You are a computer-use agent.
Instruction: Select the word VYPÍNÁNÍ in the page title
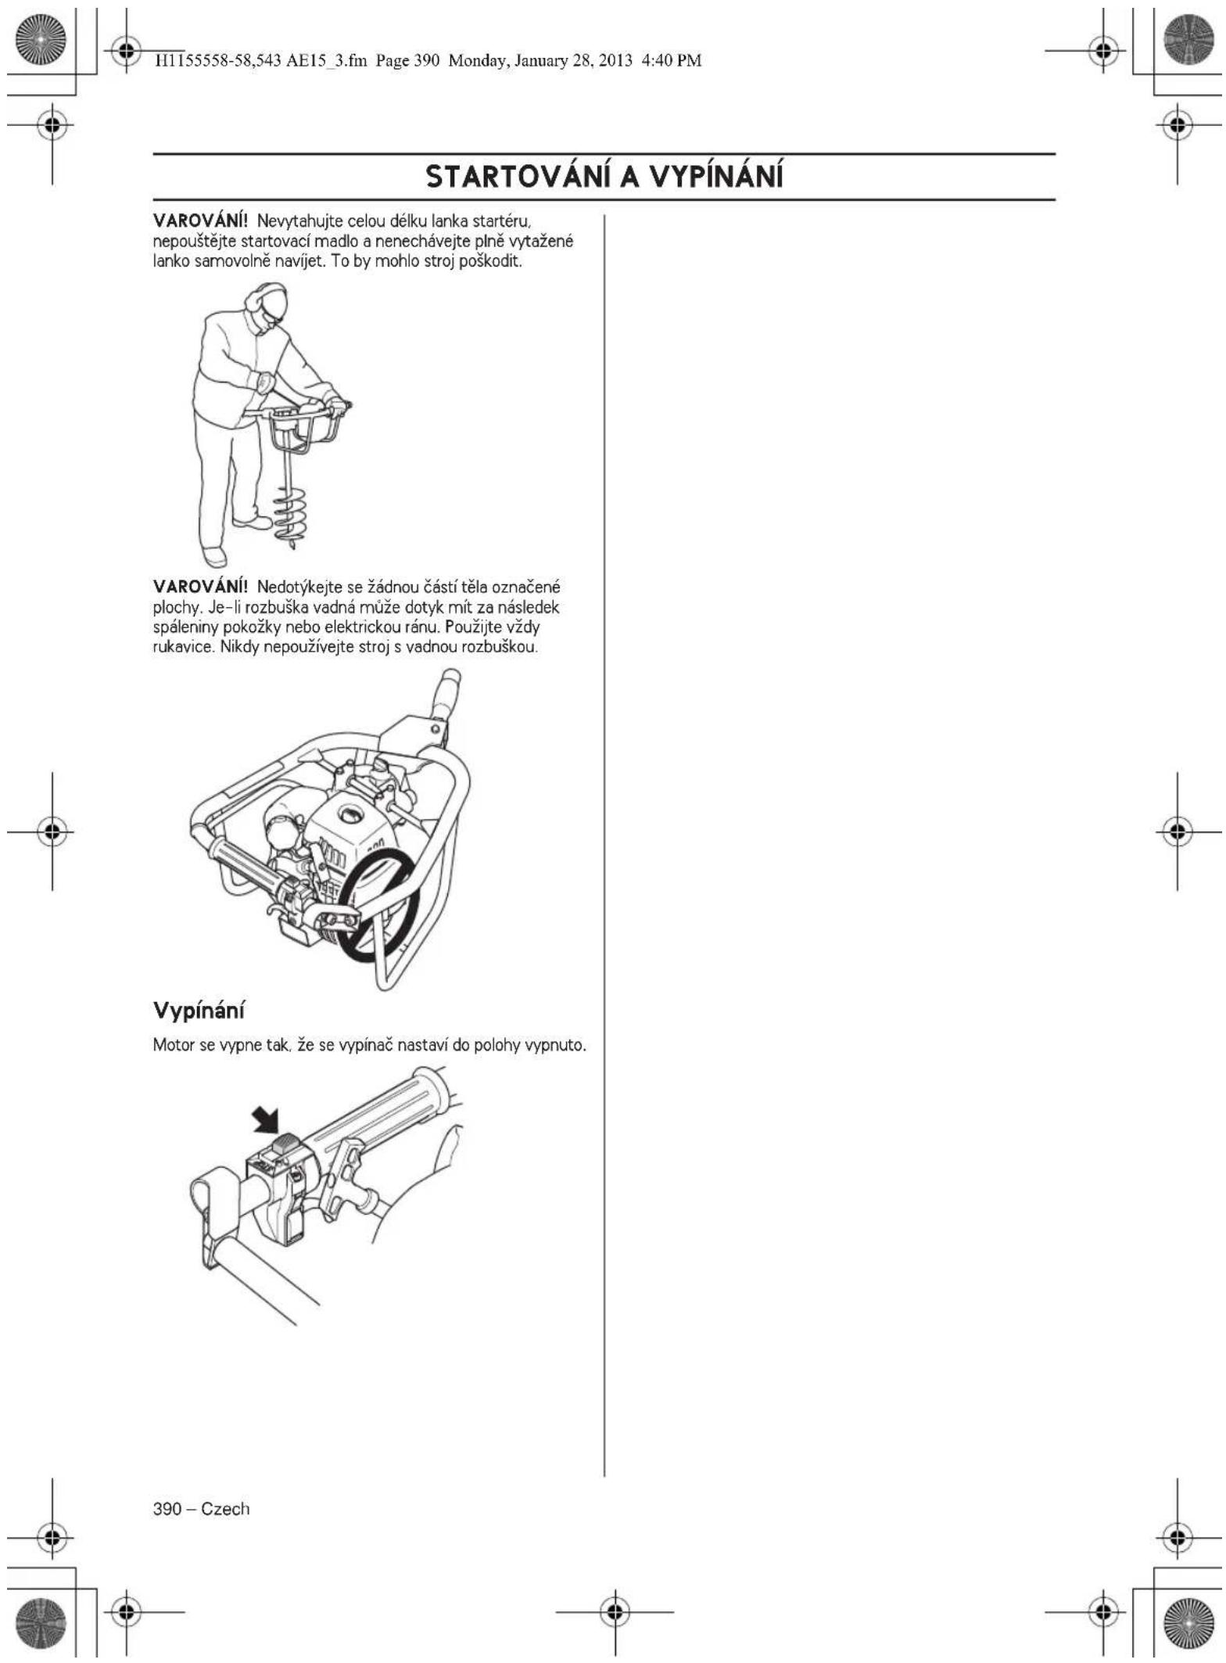coord(716,177)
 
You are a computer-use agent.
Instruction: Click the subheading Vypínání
coord(199,1010)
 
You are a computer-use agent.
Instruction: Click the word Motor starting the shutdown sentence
coord(173,1045)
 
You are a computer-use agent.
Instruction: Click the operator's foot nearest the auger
coord(252,520)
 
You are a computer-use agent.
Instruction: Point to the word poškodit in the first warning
coord(495,261)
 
